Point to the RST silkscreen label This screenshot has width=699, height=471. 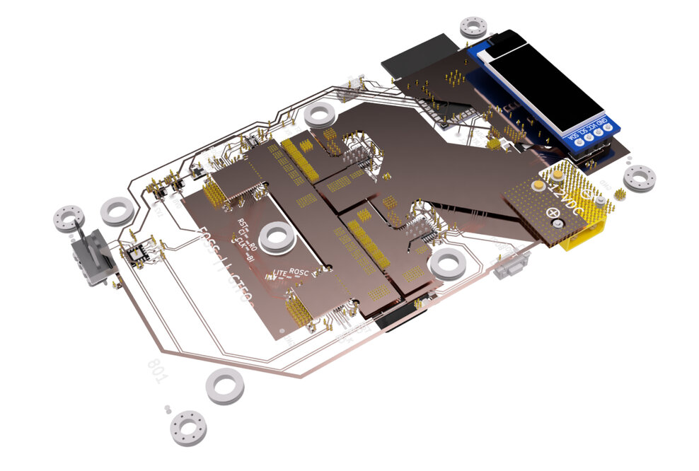coord(243,224)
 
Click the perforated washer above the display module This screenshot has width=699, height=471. coord(473,26)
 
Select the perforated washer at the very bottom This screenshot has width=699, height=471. coord(188,428)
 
